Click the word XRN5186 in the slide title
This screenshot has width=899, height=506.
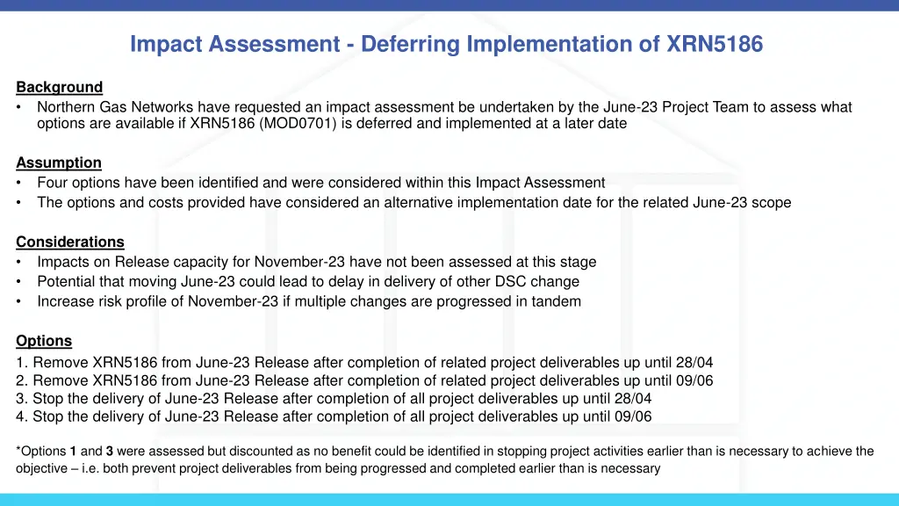click(x=715, y=43)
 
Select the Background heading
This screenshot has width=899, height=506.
click(x=59, y=87)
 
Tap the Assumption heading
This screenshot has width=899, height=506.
click(x=59, y=163)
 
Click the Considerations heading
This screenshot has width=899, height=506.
click(x=70, y=242)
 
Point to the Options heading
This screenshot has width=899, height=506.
click(x=44, y=341)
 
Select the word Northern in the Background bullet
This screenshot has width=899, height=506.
click(x=66, y=107)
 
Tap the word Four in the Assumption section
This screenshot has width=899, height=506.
click(x=52, y=183)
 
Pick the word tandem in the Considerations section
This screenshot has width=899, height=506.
click(x=557, y=301)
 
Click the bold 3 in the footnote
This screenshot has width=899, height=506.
click(x=110, y=452)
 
